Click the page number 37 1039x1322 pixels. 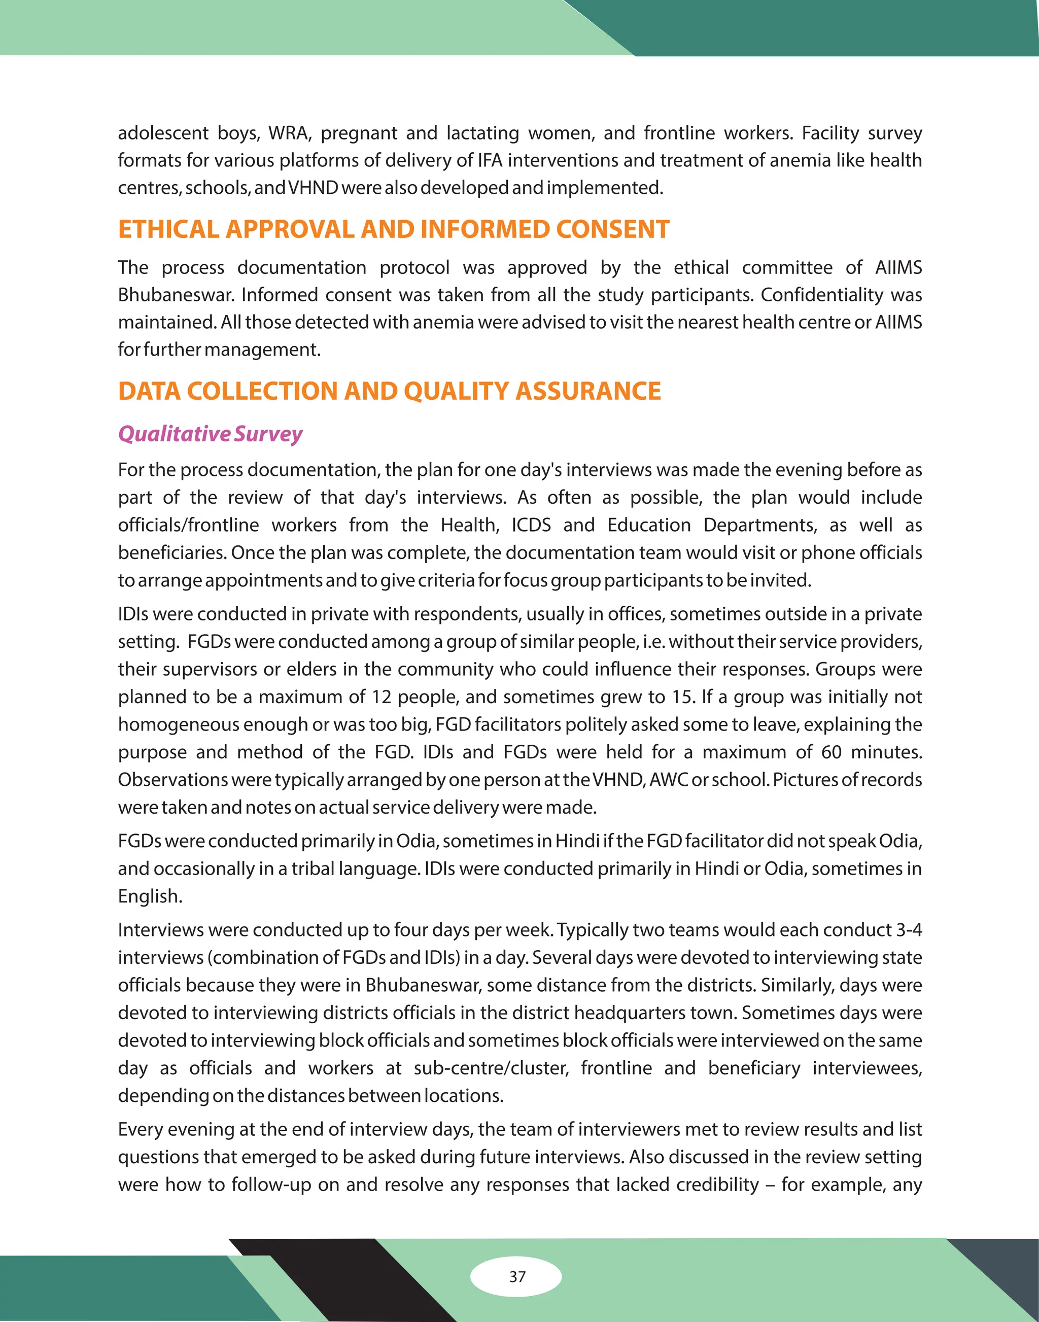click(517, 1276)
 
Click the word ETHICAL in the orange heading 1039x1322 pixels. click(168, 229)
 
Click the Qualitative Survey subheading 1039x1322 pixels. click(210, 434)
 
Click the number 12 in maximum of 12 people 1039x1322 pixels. click(381, 697)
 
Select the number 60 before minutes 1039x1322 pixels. click(831, 752)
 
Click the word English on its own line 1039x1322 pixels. click(150, 896)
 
